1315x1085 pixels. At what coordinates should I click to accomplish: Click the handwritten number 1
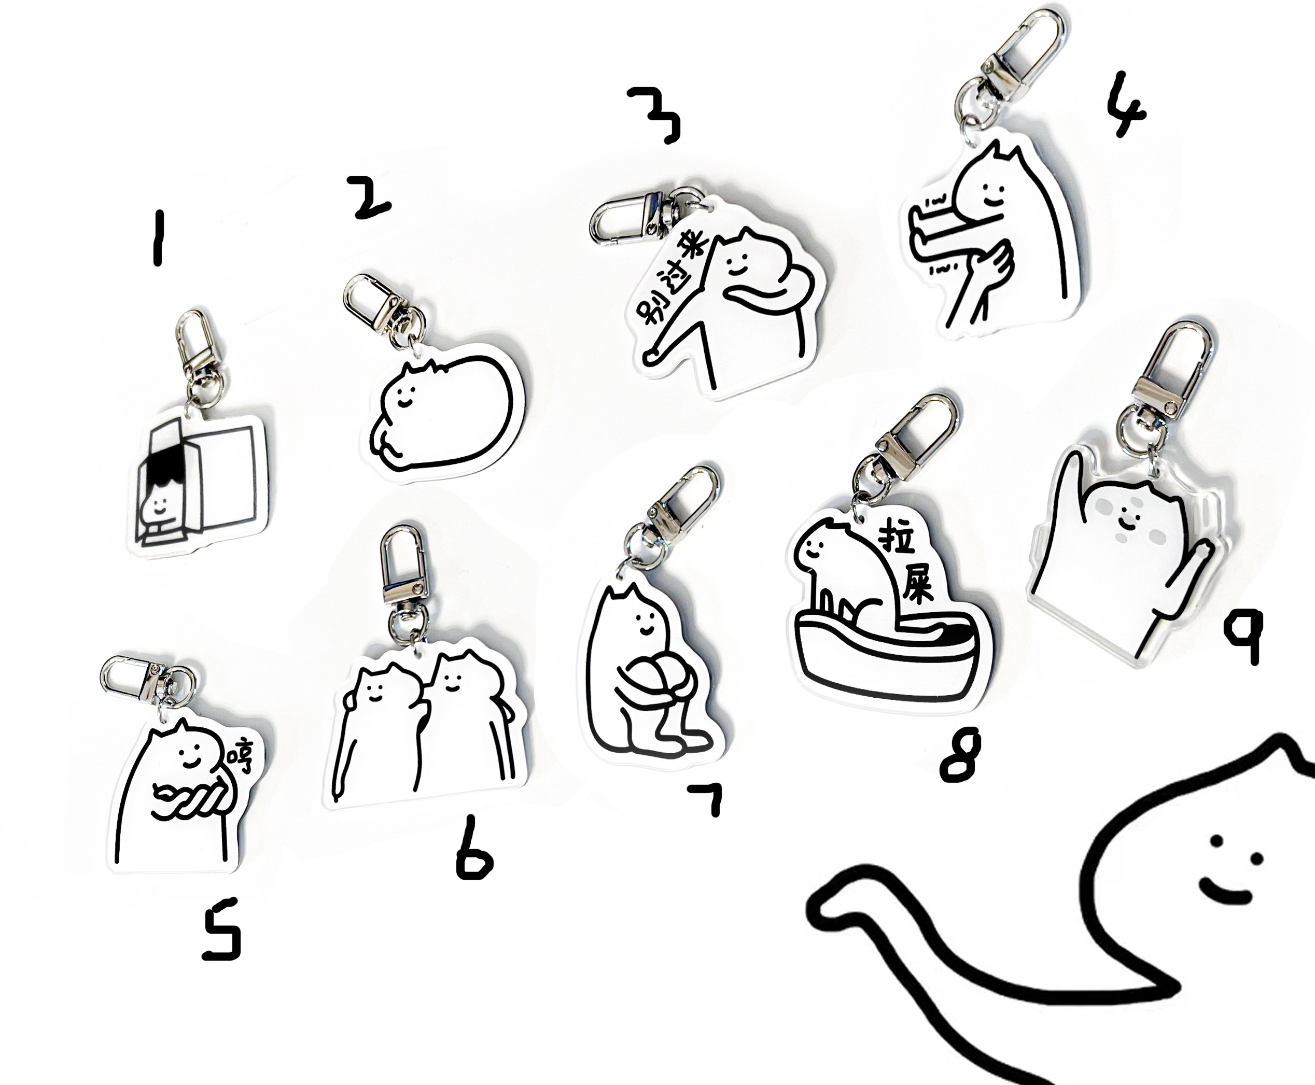click(158, 238)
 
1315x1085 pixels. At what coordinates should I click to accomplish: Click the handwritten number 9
click(1244, 636)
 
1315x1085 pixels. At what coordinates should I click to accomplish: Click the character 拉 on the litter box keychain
click(898, 538)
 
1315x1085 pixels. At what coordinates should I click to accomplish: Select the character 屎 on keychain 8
click(916, 584)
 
